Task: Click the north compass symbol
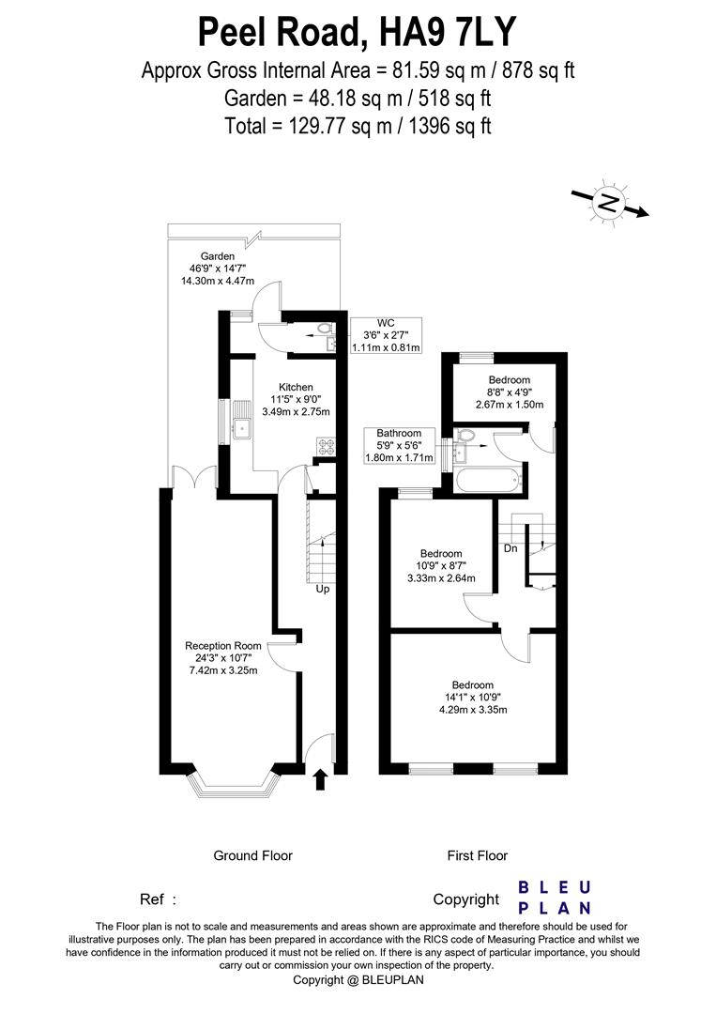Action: coord(610,203)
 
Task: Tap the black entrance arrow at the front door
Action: coord(320,778)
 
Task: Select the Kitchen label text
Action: coord(296,387)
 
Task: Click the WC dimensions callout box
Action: coord(386,335)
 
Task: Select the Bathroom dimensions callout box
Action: coord(399,445)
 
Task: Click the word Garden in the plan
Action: coord(216,256)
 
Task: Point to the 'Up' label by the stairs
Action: coord(322,590)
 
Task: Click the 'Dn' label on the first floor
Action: coord(510,548)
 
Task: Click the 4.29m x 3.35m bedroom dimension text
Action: coord(475,710)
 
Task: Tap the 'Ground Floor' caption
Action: coord(252,855)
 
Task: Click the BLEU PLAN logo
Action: coord(555,897)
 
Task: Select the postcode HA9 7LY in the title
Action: coord(447,33)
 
